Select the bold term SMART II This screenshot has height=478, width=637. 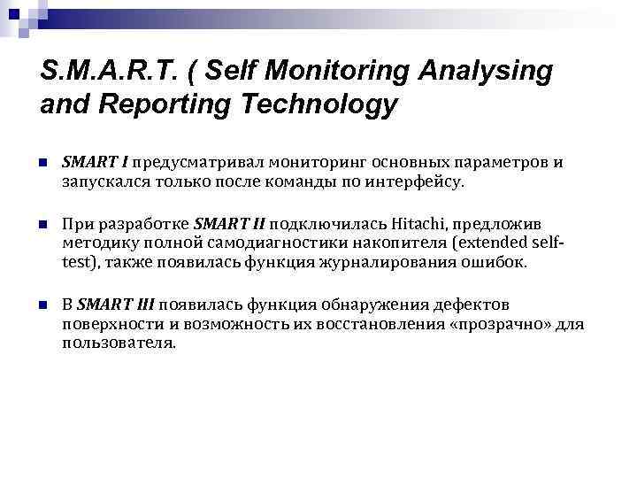tap(229, 223)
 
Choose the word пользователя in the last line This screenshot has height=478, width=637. tap(119, 343)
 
